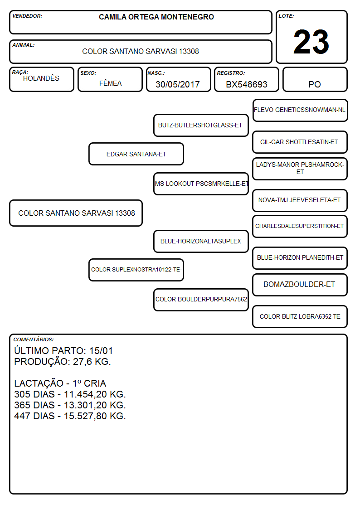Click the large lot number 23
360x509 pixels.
(x=311, y=42)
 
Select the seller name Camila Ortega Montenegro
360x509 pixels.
(x=156, y=17)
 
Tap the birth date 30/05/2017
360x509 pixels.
(x=178, y=84)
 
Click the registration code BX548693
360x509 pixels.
(x=246, y=84)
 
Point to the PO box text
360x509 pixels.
(x=315, y=84)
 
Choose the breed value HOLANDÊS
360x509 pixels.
(x=41, y=78)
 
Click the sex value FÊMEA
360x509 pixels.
(x=110, y=83)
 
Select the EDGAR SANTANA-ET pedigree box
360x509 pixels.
(x=136, y=154)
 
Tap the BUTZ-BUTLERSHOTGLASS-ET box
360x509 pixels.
(x=201, y=125)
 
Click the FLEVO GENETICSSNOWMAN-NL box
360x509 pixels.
(x=300, y=111)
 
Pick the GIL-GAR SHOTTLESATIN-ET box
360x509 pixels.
(x=300, y=142)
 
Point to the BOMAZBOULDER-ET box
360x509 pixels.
(x=300, y=285)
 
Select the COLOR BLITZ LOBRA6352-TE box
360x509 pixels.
(x=300, y=316)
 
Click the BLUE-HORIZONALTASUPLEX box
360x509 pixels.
(x=201, y=241)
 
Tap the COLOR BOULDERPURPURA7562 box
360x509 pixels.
(x=201, y=300)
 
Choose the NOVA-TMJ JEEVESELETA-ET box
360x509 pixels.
(x=300, y=200)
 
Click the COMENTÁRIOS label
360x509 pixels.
(x=34, y=339)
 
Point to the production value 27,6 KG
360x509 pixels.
(x=92, y=362)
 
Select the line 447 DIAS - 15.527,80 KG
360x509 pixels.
(x=70, y=416)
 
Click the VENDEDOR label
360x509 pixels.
(x=27, y=16)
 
